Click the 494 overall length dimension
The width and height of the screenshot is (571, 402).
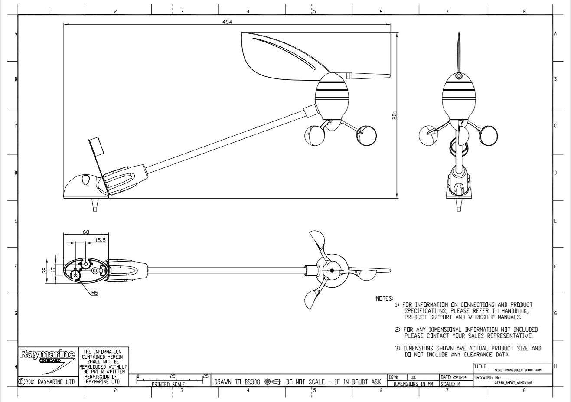coord(227,22)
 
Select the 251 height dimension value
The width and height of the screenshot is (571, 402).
coord(395,115)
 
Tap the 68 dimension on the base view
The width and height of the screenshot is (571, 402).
coord(85,232)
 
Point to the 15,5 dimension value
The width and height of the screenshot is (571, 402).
coord(100,239)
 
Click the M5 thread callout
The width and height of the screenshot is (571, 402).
coord(95,293)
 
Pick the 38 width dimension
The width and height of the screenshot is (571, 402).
coord(44,271)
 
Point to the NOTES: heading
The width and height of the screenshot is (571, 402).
coord(384,298)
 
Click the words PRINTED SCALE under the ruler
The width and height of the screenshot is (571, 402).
coord(168,384)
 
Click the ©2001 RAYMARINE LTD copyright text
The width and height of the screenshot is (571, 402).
coord(47,382)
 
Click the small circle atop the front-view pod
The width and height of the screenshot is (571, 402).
coord(459,77)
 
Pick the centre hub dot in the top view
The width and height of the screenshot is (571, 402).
coord(332,270)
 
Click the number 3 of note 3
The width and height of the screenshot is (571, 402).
coord(397,348)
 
